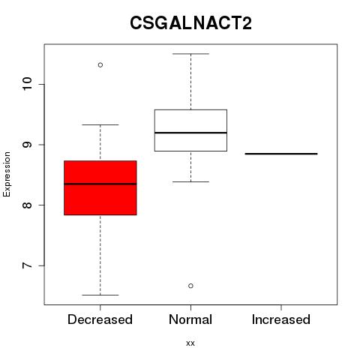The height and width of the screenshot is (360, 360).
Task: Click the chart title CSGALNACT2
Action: pos(190,22)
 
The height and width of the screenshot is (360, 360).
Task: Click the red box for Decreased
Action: pos(100,187)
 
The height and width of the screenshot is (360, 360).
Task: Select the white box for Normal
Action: pos(190,130)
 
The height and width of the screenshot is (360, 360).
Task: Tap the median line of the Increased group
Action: pos(281,154)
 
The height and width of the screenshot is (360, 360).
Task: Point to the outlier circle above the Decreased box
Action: pos(100,65)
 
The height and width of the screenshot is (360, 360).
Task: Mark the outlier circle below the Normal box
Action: pos(190,286)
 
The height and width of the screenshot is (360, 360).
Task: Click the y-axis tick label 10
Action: pos(27,84)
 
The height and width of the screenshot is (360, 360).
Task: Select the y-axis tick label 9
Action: pos(27,145)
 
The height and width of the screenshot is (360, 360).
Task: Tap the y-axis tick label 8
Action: pos(27,205)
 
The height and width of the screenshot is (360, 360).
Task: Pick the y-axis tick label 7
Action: pos(27,265)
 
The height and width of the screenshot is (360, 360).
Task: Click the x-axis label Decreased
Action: pos(100,319)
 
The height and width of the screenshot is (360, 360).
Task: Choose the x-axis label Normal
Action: pos(190,319)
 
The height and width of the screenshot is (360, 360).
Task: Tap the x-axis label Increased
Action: pos(281,319)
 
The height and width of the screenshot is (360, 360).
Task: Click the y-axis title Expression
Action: pos(7,174)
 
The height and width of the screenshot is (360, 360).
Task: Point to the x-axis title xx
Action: pos(190,343)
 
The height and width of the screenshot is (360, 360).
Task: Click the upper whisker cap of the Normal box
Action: pos(190,54)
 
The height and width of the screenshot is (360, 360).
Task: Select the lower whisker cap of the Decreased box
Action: pos(100,295)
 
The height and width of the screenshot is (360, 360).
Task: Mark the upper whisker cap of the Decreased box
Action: pos(100,124)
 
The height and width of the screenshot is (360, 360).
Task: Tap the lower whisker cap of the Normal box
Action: pos(190,181)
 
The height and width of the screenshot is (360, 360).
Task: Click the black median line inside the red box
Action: pos(100,184)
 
